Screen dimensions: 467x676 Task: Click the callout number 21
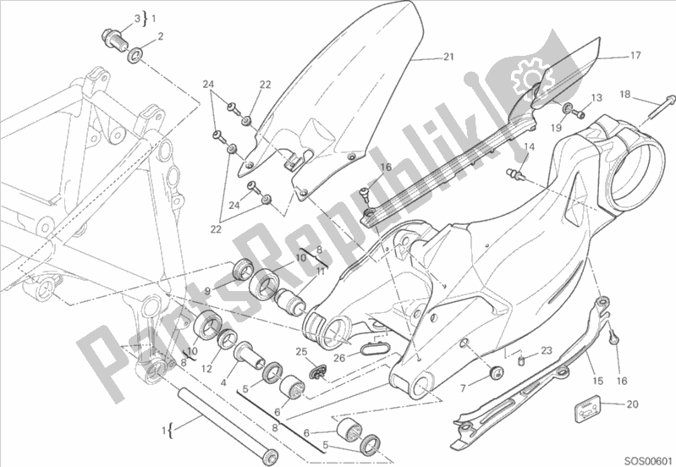[x=448, y=58]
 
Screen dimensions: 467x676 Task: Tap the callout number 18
[x=624, y=94]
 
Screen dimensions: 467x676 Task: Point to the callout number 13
[x=596, y=97]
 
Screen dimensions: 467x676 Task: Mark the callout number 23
[x=547, y=349]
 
